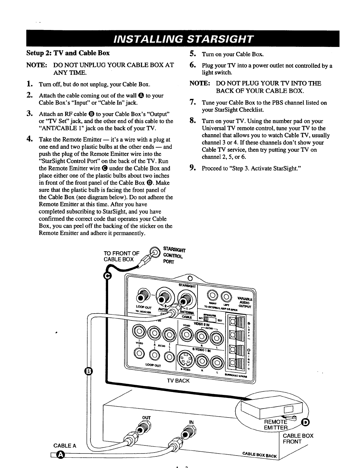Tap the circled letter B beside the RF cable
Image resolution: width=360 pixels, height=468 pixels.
point(89,371)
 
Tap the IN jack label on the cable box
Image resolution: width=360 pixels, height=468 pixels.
point(191,422)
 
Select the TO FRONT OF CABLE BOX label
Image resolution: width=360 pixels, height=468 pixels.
point(121,256)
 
